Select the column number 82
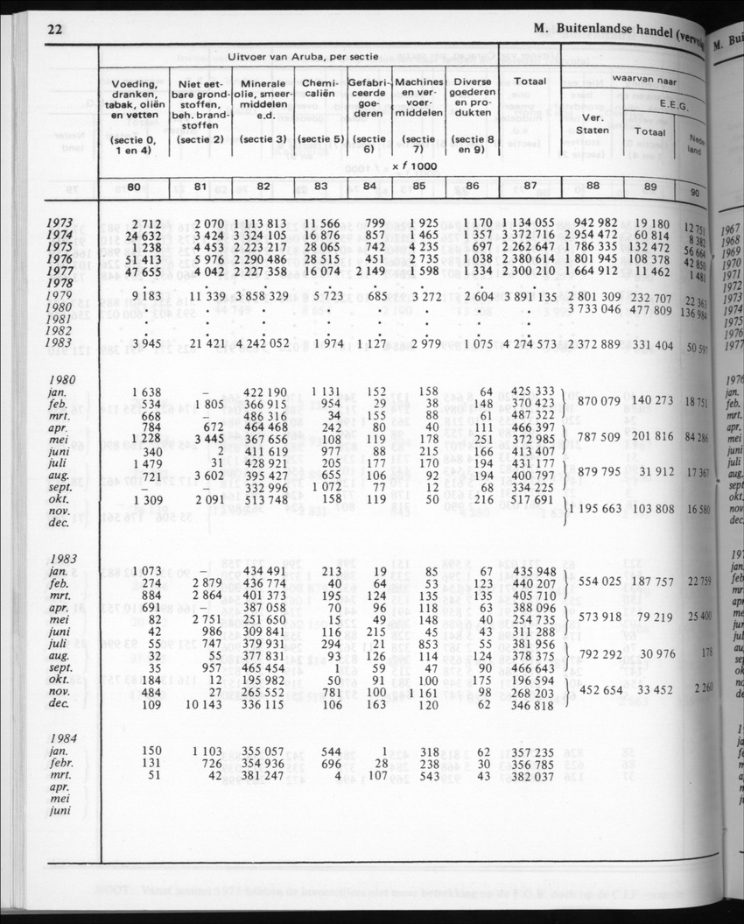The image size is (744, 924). pos(263,186)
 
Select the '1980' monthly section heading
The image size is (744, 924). pos(67,379)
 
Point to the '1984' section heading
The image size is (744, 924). pos(66,738)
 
